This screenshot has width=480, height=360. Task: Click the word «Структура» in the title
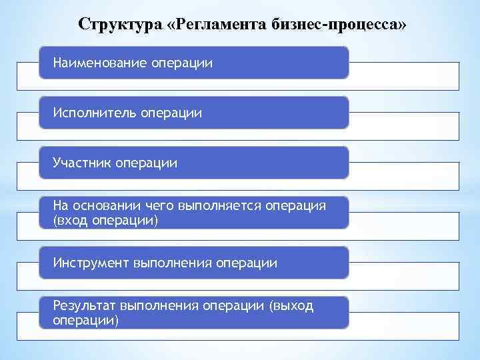(x=120, y=24)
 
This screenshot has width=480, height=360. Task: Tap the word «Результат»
(x=85, y=306)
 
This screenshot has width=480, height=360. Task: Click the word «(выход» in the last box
(x=291, y=306)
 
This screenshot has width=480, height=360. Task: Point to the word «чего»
(x=150, y=206)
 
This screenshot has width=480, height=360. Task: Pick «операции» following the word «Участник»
(x=147, y=163)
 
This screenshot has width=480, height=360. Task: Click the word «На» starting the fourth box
(x=61, y=206)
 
